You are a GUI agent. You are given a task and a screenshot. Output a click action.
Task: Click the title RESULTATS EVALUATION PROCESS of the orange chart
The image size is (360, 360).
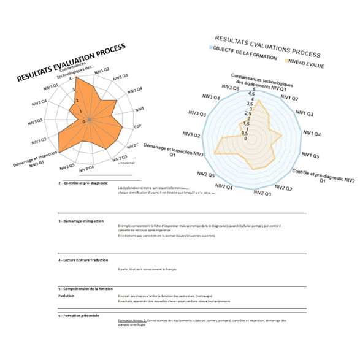coord(72,63)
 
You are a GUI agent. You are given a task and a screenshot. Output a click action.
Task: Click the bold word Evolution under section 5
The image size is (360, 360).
coord(66,295)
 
